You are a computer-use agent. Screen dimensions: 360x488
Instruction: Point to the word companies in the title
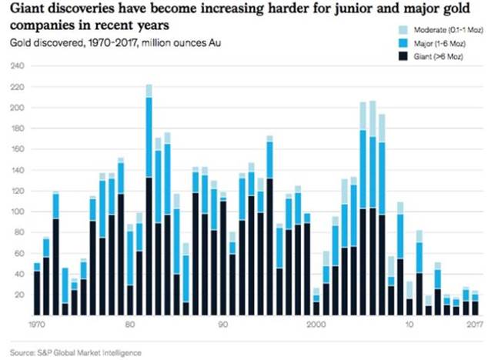click(x=39, y=25)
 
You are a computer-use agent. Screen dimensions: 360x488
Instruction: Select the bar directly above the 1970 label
click(x=37, y=289)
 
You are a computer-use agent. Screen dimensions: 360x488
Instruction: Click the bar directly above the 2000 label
click(x=316, y=304)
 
